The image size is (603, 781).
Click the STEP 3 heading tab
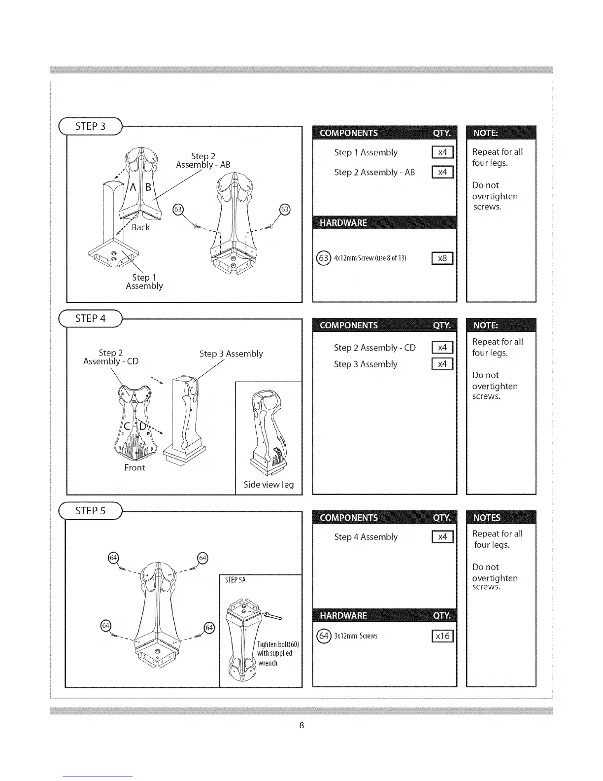(x=90, y=126)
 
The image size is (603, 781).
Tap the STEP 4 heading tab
(x=90, y=319)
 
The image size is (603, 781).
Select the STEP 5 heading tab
(x=90, y=511)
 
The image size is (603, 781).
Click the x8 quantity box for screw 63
(x=442, y=258)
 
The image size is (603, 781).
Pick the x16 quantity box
(x=442, y=636)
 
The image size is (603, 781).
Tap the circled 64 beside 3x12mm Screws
(x=323, y=636)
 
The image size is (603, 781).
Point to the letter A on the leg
(x=133, y=187)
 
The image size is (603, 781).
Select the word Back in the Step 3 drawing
(x=140, y=227)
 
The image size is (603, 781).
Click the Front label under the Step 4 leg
(x=134, y=467)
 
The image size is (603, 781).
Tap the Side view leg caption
(x=268, y=485)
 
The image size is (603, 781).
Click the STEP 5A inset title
(x=235, y=580)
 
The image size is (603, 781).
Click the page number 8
(x=301, y=725)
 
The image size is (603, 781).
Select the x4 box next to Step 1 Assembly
(x=442, y=152)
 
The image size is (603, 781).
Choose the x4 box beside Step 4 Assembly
(x=442, y=537)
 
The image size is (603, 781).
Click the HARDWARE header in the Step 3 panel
(x=343, y=223)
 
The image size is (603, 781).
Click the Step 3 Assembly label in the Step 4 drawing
(x=231, y=354)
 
